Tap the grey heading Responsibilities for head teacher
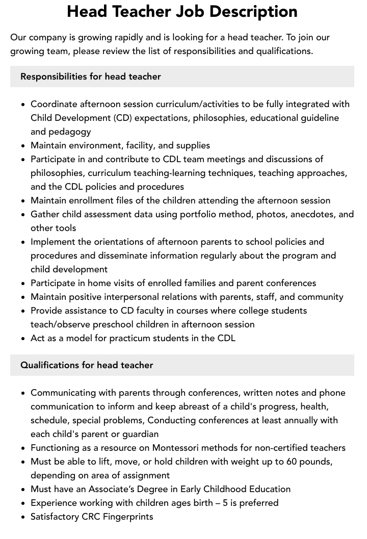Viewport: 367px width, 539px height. tap(90, 76)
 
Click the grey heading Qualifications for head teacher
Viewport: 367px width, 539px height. tap(87, 365)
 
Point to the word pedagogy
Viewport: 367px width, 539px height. tap(70, 132)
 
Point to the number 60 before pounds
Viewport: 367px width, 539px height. tap(294, 461)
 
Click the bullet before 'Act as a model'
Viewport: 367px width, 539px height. tap(23, 338)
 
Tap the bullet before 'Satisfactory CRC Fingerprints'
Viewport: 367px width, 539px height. tap(23, 517)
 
